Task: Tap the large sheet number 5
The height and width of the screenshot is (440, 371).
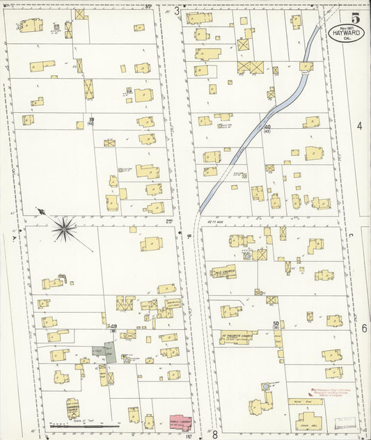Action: pyautogui.click(x=355, y=18)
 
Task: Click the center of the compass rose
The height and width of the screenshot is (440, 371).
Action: pyautogui.click(x=65, y=226)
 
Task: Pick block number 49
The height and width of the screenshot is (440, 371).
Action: pyautogui.click(x=111, y=326)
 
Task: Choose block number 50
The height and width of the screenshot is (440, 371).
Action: pyautogui.click(x=276, y=324)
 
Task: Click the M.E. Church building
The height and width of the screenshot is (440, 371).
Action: pyautogui.click(x=223, y=272)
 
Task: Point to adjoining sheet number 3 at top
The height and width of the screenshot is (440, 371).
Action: pyautogui.click(x=177, y=10)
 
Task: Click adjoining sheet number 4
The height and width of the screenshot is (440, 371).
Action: pyautogui.click(x=360, y=126)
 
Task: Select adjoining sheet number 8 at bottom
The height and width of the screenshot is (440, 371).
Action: pyautogui.click(x=215, y=434)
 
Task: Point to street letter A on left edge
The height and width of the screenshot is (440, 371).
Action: pyautogui.click(x=13, y=237)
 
